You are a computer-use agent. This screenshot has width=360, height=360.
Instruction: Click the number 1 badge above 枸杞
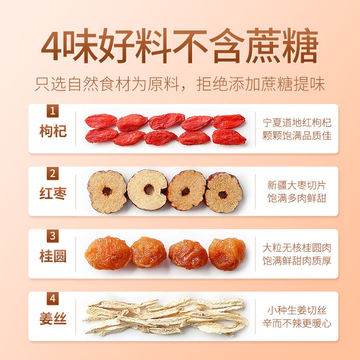(x=53, y=111)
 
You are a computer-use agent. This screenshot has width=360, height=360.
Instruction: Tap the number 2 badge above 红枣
(x=53, y=174)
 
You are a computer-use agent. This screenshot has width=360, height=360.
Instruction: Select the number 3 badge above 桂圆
(x=53, y=236)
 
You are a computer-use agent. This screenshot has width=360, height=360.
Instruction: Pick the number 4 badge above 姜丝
(x=53, y=299)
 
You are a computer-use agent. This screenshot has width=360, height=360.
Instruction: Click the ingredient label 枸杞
(x=53, y=131)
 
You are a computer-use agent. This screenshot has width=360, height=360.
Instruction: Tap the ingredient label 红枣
(x=53, y=194)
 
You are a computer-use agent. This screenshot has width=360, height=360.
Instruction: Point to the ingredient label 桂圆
(x=53, y=256)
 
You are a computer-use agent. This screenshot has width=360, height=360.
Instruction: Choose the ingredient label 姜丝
(x=53, y=319)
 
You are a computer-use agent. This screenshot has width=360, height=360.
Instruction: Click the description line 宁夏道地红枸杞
(x=297, y=123)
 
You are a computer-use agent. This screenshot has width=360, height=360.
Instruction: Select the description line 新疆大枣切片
(x=297, y=185)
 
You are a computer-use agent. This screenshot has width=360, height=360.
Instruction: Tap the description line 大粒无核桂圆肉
(x=297, y=248)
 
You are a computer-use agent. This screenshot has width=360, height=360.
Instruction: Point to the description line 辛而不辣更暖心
(x=297, y=323)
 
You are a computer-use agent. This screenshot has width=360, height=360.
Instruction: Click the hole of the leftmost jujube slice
(x=107, y=191)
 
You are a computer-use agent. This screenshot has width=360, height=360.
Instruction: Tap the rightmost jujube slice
(x=224, y=193)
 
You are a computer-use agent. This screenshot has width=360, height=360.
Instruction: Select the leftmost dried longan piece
(x=108, y=253)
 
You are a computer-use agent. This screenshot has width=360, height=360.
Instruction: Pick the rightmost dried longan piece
(x=227, y=254)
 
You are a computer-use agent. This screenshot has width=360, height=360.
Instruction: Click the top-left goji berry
(x=101, y=121)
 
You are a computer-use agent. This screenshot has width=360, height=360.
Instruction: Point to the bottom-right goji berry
(x=229, y=137)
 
